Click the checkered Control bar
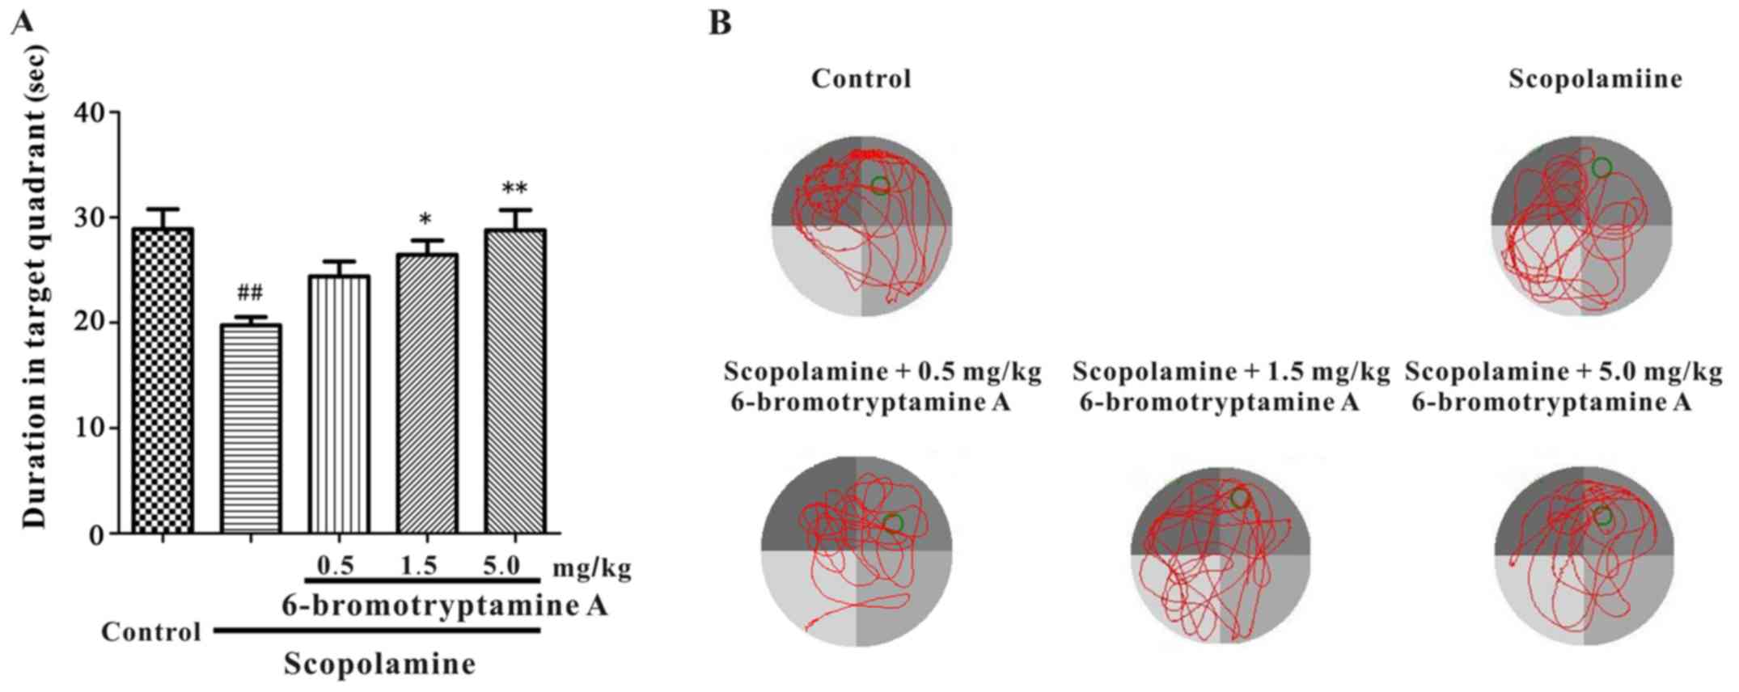click(163, 380)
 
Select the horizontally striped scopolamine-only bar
click(251, 428)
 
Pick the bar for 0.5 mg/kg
click(339, 404)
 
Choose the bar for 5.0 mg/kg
click(514, 381)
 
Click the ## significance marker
click(250, 293)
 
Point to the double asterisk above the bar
click(514, 189)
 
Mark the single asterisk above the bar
click(425, 220)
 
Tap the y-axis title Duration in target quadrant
click(34, 287)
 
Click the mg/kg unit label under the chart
click(591, 568)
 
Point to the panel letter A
click(22, 23)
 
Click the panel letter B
click(720, 23)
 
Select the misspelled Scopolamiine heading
click(1595, 79)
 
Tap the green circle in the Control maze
click(880, 187)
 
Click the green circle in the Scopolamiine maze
click(1601, 167)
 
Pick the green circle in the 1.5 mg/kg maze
click(1240, 498)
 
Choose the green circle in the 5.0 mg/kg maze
click(1602, 516)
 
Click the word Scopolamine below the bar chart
click(379, 665)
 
